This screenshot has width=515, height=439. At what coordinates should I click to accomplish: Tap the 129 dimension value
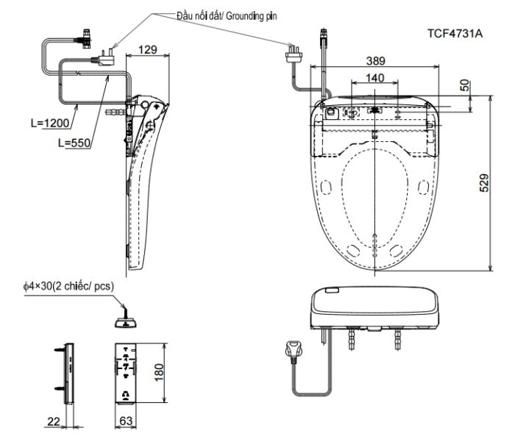click(148, 49)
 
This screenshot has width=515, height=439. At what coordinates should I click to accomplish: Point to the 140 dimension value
click(374, 78)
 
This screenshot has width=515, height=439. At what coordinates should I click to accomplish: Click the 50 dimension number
click(464, 85)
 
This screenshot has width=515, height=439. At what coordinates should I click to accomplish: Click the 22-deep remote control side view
click(68, 373)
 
